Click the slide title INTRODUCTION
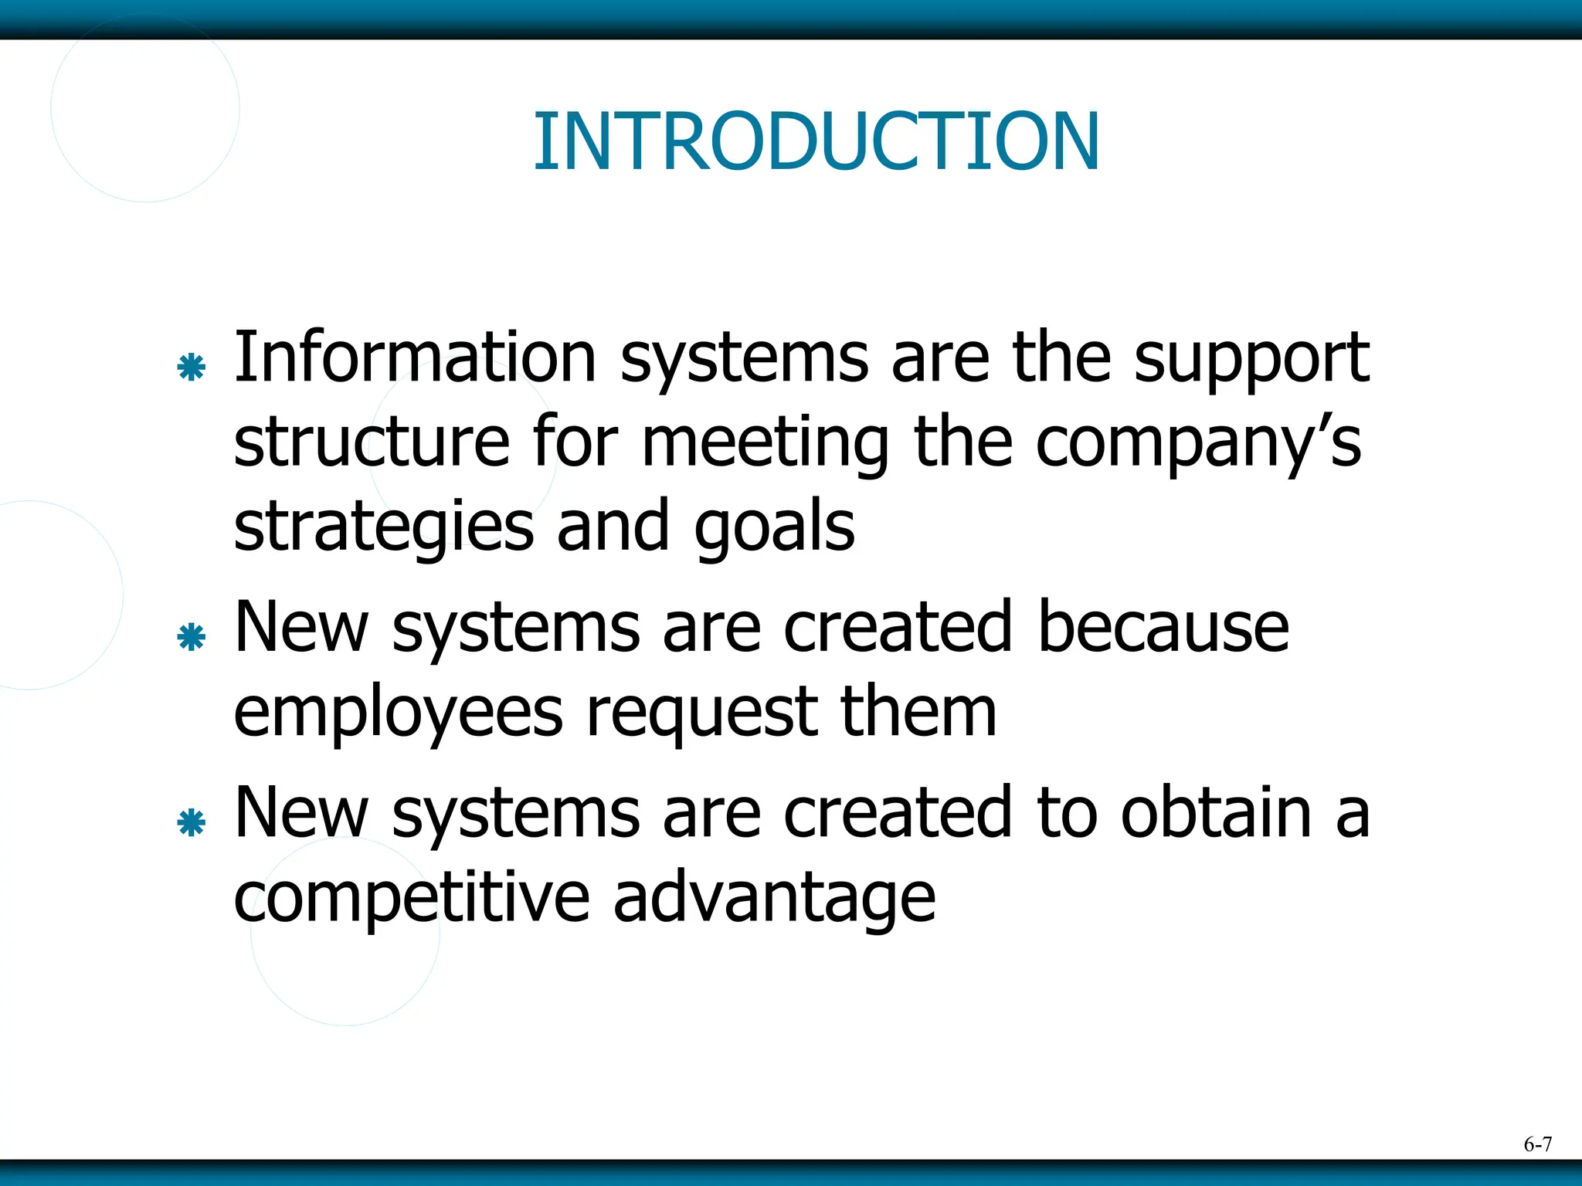coord(816,141)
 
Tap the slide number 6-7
coord(1537,1144)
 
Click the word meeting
coord(765,444)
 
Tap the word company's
coord(1198,444)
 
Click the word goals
coord(774,529)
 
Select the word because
coord(1163,627)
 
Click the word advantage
coord(774,900)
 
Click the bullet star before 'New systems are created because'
coord(191,637)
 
